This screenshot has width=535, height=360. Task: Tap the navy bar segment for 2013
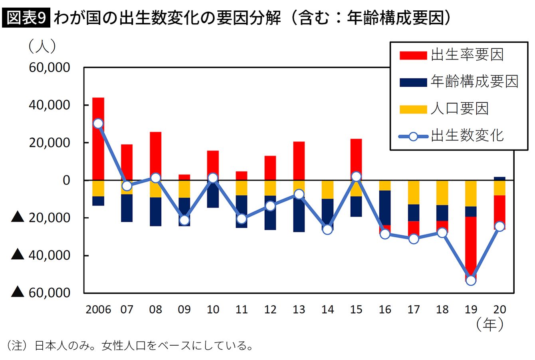coord(299,216)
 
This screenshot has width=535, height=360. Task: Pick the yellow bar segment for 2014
coord(328,189)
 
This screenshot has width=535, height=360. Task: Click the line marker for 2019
coord(471,280)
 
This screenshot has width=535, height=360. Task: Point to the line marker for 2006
coord(98,123)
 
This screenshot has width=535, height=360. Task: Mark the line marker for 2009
coord(184,220)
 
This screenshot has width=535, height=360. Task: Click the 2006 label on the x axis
coord(98,309)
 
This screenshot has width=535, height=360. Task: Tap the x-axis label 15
coord(356,309)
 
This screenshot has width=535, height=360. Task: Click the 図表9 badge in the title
coord(27,18)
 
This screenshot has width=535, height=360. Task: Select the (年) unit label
coord(489,324)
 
